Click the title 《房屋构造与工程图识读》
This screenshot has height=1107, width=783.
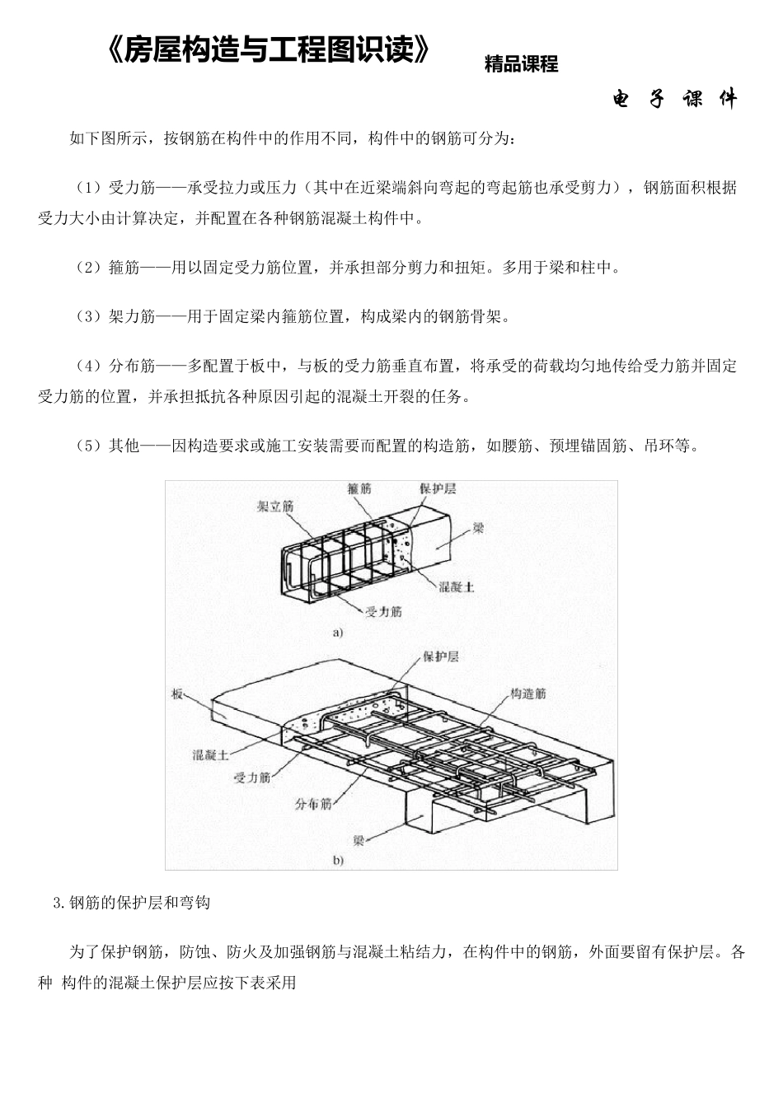click(269, 51)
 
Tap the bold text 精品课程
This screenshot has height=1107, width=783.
click(521, 64)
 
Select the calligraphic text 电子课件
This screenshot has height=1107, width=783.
click(674, 100)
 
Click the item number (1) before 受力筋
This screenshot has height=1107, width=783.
click(89, 188)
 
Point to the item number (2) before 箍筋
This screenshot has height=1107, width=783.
click(89, 268)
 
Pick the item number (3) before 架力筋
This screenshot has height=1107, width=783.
click(89, 316)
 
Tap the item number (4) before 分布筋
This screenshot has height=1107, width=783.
click(89, 365)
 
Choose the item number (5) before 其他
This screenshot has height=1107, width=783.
click(89, 446)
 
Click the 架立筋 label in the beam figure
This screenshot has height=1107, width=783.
click(275, 507)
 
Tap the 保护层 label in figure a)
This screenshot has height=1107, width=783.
click(438, 488)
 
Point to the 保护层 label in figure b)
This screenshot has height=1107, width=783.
click(440, 656)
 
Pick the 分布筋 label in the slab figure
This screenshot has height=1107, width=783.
click(313, 803)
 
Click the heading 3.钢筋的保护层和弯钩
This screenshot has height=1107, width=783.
click(131, 903)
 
